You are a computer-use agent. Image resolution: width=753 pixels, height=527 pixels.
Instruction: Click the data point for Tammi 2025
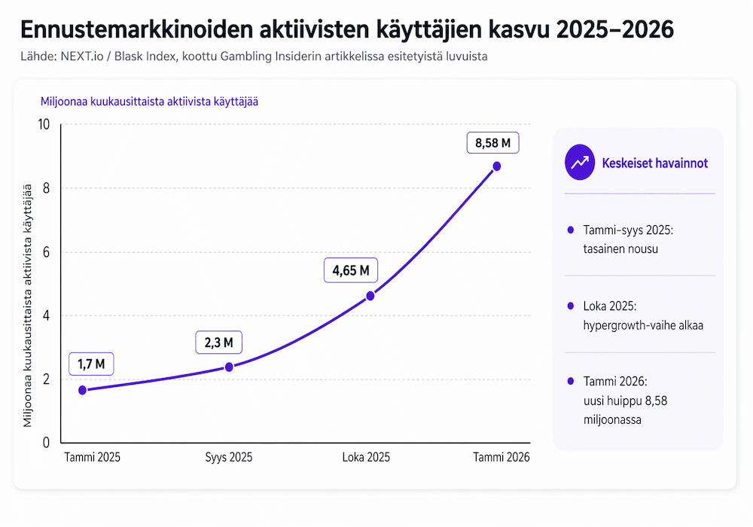tap(82, 390)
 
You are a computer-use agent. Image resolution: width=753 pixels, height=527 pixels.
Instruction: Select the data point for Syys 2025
tap(229, 367)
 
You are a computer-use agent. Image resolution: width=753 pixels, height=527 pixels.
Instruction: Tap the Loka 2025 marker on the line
tap(370, 296)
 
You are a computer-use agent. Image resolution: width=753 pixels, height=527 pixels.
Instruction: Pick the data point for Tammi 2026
tap(497, 166)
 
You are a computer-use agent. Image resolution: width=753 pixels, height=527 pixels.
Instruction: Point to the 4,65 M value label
tap(350, 270)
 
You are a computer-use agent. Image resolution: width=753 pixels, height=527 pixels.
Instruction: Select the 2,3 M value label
tap(219, 343)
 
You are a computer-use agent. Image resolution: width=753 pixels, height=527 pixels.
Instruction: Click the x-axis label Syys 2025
tap(229, 458)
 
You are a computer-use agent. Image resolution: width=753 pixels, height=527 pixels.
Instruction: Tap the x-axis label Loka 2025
tap(366, 458)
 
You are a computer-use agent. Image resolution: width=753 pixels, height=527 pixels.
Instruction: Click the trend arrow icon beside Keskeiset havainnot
tap(580, 163)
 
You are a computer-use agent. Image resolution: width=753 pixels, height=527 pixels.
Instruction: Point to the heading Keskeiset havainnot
tap(654, 163)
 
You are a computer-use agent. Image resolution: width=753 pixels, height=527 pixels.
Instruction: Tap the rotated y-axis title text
tap(29, 305)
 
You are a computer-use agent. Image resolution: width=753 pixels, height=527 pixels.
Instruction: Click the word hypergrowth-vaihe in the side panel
tap(620, 325)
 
